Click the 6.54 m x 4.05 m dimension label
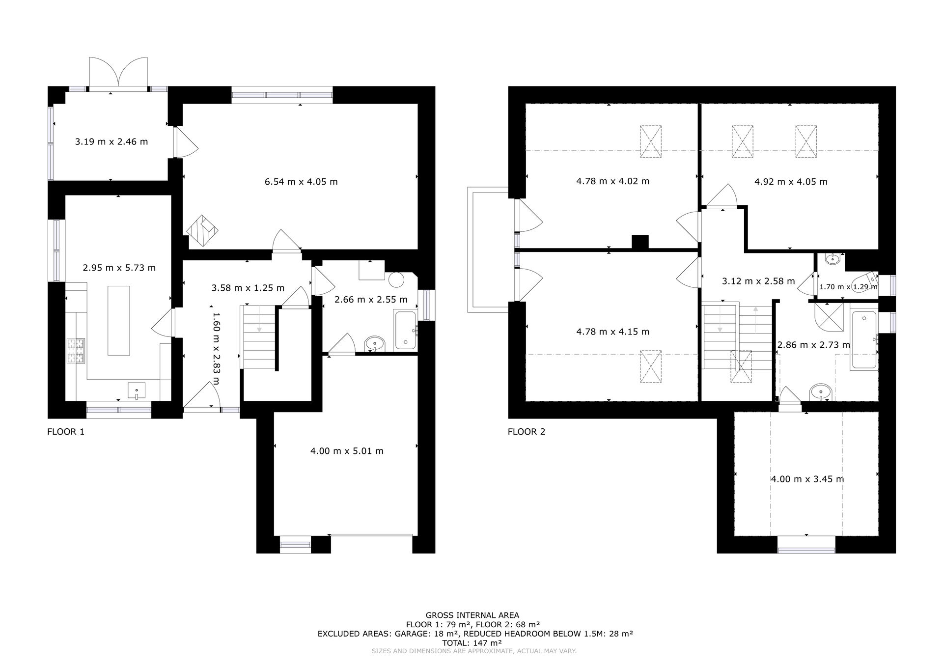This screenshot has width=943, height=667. [301, 182]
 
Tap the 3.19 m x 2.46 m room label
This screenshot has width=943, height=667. [111, 141]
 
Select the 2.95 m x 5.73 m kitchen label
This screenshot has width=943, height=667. [119, 268]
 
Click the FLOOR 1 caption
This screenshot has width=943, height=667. [66, 432]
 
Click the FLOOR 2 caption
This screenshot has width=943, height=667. [527, 432]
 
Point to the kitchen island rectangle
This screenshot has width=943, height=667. [119, 320]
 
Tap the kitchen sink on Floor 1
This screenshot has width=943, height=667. [137, 391]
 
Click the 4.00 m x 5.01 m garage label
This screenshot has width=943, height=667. [347, 451]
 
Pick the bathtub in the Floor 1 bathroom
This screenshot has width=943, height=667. [406, 330]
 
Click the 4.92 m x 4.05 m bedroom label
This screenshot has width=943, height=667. [791, 182]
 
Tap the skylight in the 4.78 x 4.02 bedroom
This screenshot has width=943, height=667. [651, 141]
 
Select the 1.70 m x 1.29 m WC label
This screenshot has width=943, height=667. [848, 287]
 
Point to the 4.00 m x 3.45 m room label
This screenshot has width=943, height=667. [807, 479]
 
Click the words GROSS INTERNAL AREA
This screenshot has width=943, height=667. [472, 615]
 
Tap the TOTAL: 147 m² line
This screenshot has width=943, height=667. [472, 642]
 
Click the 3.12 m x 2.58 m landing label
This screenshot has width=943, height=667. [758, 281]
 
